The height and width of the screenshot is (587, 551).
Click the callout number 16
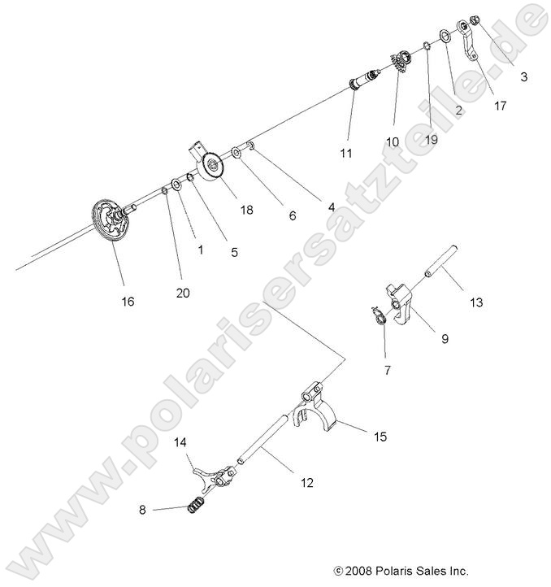click(128, 301)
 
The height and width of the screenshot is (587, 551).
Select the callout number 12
click(306, 482)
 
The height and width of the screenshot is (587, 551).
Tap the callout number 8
click(143, 510)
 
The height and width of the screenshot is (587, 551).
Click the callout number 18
click(245, 210)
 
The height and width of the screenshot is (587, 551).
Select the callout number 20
click(183, 293)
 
